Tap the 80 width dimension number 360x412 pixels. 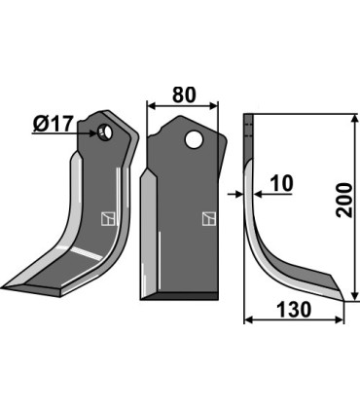pyautogui.click(x=182, y=95)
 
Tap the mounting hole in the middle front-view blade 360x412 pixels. pyautogui.click(x=198, y=140)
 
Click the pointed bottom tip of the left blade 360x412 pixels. pyautogui.click(x=5, y=287)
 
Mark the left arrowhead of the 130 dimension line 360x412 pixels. pyautogui.click(x=246, y=318)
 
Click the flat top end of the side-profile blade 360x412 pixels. pyautogui.click(x=247, y=117)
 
